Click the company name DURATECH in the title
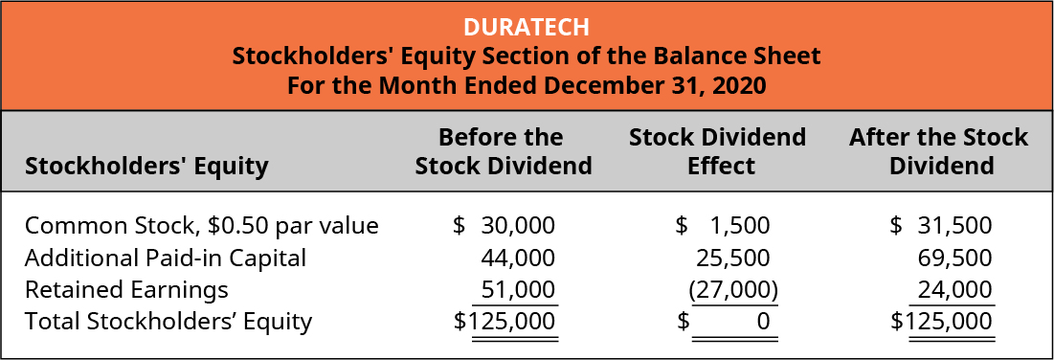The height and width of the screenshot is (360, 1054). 527,26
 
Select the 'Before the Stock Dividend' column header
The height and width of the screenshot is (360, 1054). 503,150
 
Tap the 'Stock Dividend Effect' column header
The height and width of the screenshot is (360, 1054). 717,150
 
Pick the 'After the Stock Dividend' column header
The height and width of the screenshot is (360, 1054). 938,150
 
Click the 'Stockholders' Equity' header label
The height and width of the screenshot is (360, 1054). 146,166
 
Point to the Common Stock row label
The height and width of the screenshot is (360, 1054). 202,226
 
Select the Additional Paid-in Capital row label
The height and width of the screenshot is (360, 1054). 166,258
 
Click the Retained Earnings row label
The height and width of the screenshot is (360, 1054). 126,289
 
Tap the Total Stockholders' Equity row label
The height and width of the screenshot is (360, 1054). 168,321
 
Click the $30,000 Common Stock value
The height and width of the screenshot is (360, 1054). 505,226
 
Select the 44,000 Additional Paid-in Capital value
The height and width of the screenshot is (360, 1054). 517,258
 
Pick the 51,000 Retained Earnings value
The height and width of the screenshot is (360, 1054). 517,289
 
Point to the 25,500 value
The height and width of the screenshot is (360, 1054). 732,258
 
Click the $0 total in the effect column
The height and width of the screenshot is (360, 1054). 763,322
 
